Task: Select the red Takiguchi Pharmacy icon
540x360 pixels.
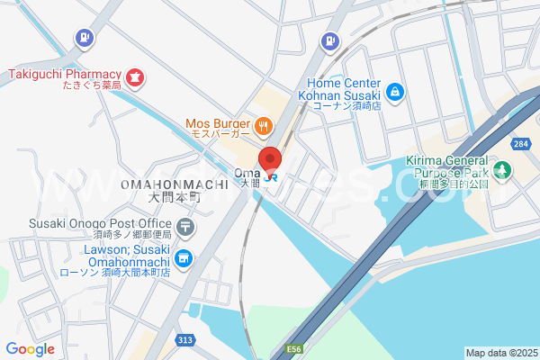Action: pos(134,78)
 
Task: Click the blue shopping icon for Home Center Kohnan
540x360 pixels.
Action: pos(394,91)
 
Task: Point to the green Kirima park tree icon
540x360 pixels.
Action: pos(503,169)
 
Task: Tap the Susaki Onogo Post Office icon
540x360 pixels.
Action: pos(184,226)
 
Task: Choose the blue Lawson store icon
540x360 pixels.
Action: pos(184,259)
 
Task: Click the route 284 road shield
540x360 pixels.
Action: pos(520,144)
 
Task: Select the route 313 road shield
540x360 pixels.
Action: pos(184,339)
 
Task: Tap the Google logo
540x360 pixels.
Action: pos(30,348)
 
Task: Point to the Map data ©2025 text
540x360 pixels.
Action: pos(500,353)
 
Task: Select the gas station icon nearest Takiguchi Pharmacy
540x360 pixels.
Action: pos(84,38)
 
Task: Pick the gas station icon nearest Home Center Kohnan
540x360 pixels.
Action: pos(331,40)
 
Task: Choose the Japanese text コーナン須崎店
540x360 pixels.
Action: pos(347,105)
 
